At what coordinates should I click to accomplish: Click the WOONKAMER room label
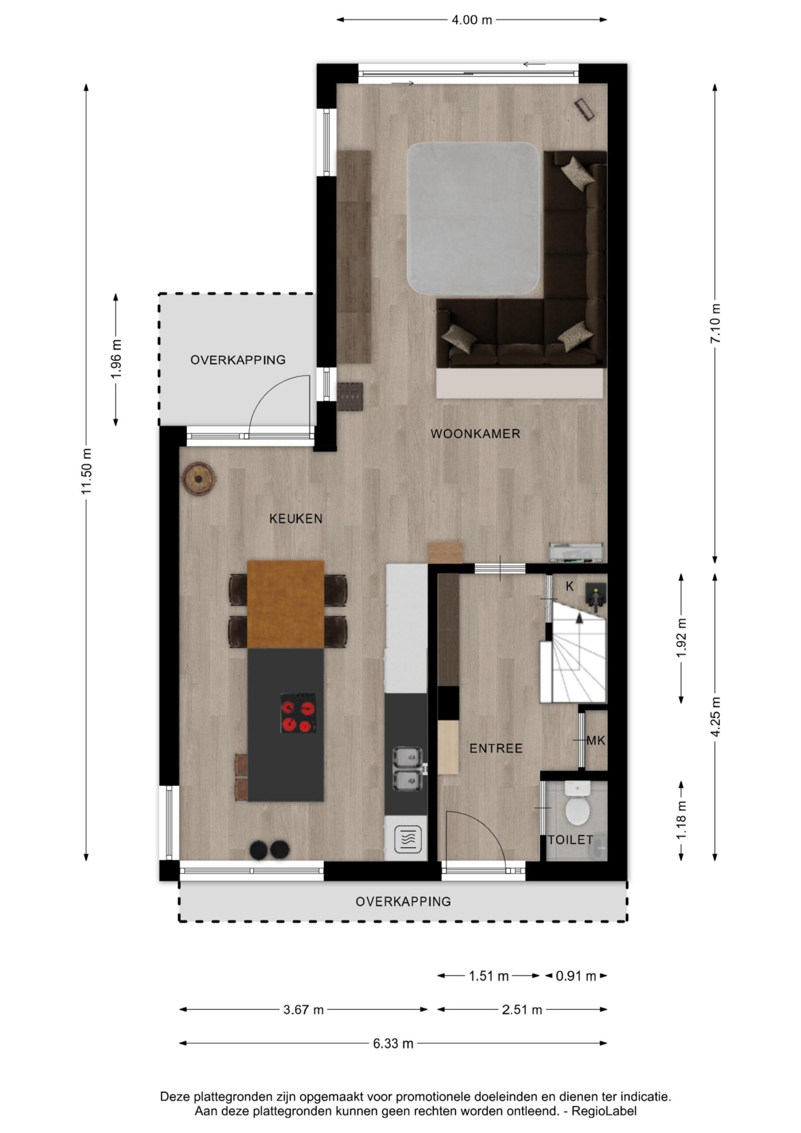(x=475, y=434)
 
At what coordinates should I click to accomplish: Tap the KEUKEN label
(x=296, y=519)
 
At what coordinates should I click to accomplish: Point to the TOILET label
(x=570, y=840)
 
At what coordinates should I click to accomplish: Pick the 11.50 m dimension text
(x=87, y=472)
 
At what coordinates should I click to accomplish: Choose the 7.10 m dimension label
(x=715, y=324)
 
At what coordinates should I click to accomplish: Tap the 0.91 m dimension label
(x=576, y=976)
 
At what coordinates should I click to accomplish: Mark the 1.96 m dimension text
(x=116, y=359)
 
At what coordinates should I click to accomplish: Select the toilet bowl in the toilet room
(x=578, y=806)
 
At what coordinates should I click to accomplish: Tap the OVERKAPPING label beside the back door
(x=238, y=360)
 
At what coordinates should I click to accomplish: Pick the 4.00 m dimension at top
(x=472, y=20)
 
